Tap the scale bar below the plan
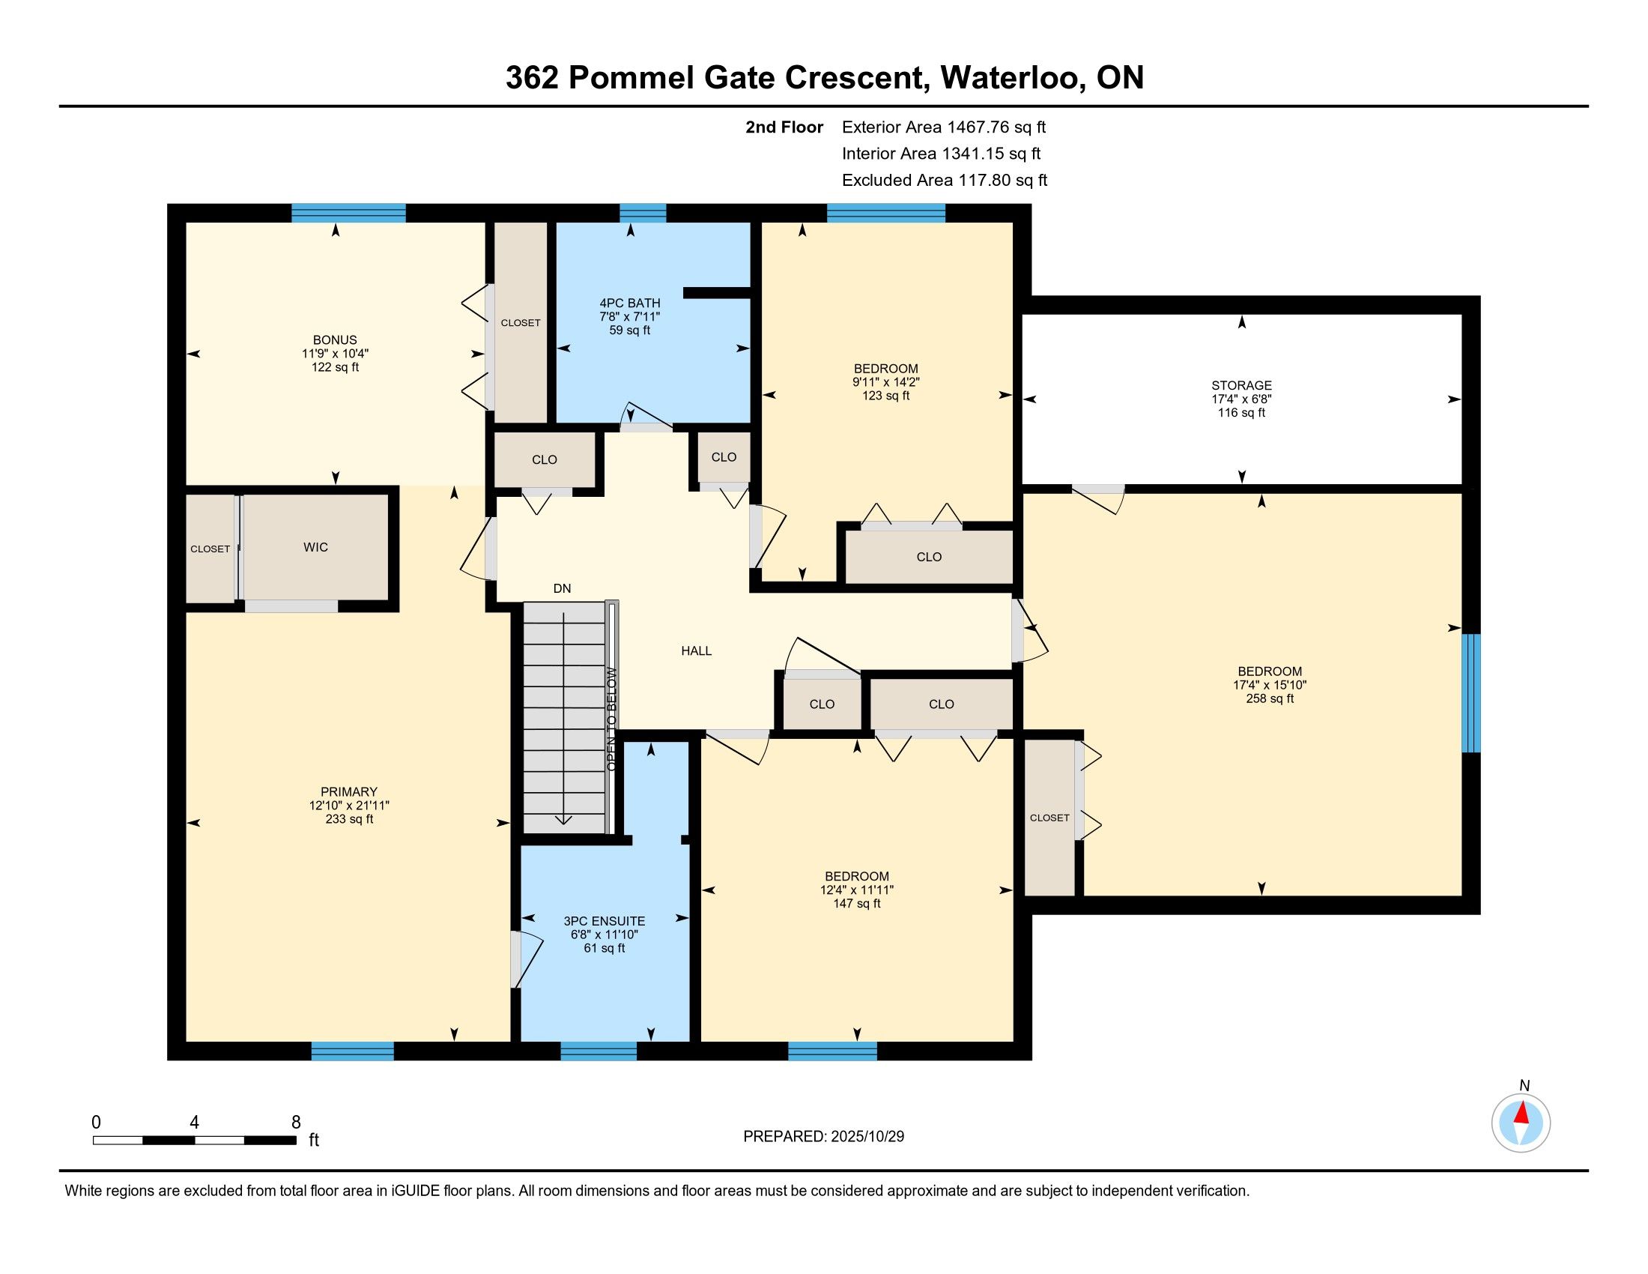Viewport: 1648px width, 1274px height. (194, 1140)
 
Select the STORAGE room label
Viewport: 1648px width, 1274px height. (1241, 385)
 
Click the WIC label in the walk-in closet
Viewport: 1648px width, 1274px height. (315, 547)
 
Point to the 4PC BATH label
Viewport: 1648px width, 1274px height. (629, 304)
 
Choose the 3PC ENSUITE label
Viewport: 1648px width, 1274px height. (605, 921)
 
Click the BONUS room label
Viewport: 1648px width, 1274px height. (335, 339)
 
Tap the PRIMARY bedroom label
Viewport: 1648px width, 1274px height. (348, 791)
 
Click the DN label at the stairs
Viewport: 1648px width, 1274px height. (562, 589)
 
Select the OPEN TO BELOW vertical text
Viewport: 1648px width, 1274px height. (611, 719)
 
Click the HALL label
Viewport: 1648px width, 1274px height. (697, 650)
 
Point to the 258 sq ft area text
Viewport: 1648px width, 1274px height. (1270, 699)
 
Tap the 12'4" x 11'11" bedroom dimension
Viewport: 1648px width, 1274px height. (856, 890)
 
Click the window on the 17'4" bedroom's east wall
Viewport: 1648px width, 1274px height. (1470, 693)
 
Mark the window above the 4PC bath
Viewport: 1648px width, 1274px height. (643, 213)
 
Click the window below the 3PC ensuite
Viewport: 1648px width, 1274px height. (599, 1051)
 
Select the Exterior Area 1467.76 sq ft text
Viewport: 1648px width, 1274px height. (944, 127)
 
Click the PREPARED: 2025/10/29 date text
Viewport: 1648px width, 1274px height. (823, 1137)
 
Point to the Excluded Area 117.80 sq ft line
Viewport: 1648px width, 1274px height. (945, 180)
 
